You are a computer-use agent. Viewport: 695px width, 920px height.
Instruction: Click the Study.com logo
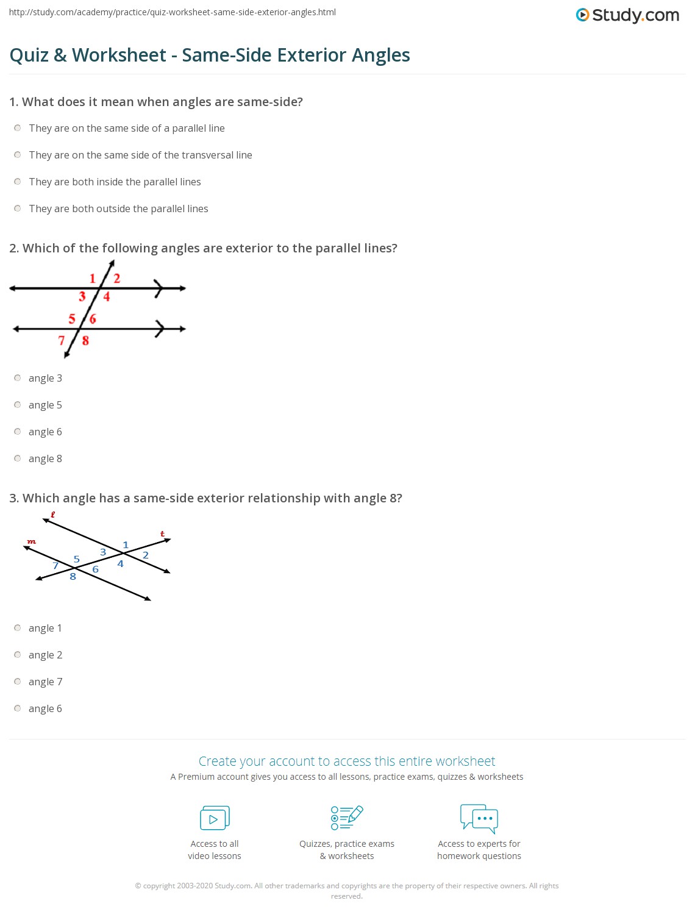[627, 15]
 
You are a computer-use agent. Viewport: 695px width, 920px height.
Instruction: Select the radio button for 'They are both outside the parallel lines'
[18, 209]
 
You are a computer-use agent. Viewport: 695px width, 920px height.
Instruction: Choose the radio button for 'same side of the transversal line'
[18, 155]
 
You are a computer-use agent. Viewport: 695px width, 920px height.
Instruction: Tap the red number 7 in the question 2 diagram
[62, 340]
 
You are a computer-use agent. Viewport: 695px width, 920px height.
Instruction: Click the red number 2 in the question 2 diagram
[117, 279]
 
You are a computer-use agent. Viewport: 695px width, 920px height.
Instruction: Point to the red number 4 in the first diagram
[107, 297]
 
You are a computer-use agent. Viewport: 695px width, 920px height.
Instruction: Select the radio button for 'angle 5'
[18, 405]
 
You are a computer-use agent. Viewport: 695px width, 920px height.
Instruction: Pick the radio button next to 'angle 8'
[18, 458]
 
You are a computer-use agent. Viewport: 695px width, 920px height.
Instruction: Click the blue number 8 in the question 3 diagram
[73, 577]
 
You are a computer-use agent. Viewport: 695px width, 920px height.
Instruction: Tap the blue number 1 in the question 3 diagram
[126, 545]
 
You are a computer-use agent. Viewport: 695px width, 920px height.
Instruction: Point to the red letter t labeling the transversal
[163, 534]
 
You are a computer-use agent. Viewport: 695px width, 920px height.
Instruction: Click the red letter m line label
[32, 541]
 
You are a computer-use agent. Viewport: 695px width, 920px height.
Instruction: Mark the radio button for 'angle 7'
[18, 682]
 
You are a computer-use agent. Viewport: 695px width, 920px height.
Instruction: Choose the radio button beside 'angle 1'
[18, 628]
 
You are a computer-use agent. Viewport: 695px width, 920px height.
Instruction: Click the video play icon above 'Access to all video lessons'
[215, 818]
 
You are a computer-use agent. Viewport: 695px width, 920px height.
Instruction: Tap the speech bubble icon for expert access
[479, 818]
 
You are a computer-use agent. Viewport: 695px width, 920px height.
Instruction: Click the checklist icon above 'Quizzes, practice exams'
[347, 818]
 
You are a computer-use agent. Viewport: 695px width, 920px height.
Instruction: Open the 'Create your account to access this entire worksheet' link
[347, 761]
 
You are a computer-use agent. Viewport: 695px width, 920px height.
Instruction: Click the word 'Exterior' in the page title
[312, 55]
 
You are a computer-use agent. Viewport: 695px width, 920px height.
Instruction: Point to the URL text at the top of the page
[173, 12]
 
